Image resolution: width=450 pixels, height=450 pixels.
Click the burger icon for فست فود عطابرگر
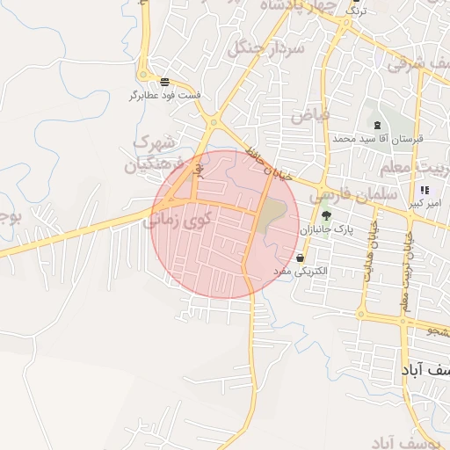point(165,81)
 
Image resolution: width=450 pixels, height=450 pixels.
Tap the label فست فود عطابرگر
point(165,95)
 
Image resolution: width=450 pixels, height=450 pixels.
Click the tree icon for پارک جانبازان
point(326,214)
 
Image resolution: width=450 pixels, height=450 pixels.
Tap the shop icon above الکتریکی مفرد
point(301,258)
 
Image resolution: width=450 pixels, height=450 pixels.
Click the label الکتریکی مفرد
point(301,272)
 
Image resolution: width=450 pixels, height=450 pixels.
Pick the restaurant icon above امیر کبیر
point(425,190)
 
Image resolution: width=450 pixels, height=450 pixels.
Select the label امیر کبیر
point(425,204)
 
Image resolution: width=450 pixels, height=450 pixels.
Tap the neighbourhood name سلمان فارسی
point(354,192)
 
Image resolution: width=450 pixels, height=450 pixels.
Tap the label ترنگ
point(356,11)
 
